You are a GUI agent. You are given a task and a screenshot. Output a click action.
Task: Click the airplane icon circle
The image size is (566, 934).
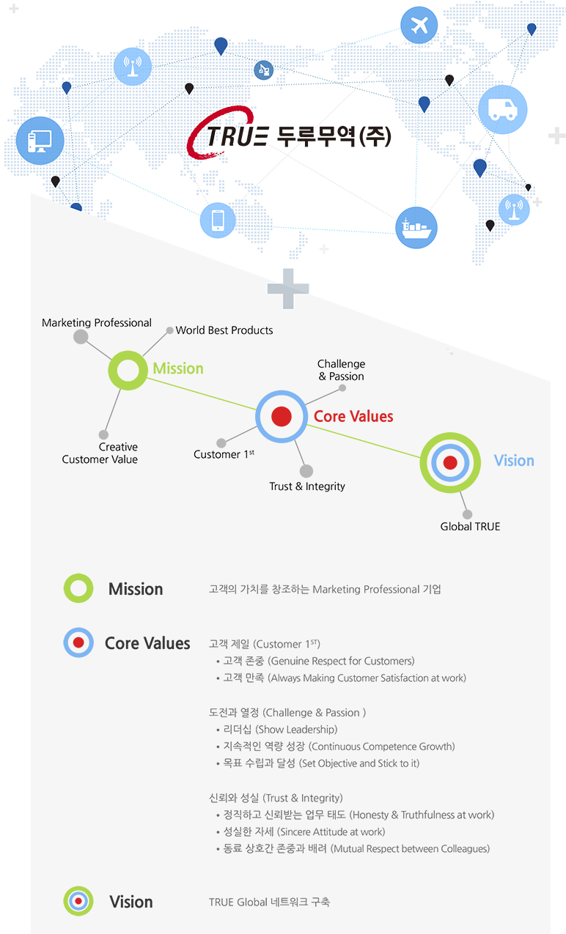[419, 25]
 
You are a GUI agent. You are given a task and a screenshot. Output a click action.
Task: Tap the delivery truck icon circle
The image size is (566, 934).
[502, 109]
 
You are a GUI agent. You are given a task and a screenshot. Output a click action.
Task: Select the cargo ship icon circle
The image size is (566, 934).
[416, 228]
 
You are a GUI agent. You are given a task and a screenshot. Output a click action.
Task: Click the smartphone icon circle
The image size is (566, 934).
[218, 220]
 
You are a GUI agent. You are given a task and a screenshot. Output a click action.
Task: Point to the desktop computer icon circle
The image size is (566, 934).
[40, 141]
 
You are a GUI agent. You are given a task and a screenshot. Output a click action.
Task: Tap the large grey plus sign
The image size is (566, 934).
[288, 289]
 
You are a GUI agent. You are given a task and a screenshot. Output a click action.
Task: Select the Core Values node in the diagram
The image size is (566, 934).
[282, 416]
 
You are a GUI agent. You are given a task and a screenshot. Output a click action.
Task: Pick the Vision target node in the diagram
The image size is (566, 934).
[450, 462]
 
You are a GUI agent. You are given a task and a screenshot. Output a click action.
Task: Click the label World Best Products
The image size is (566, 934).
[224, 330]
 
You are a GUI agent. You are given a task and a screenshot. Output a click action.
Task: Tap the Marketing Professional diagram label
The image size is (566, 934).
[97, 323]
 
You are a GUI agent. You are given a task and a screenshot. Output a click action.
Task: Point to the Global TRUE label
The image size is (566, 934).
[470, 527]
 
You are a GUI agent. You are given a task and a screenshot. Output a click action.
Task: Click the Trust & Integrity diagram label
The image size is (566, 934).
[307, 486]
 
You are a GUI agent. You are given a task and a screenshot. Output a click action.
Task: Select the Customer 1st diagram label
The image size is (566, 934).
[224, 453]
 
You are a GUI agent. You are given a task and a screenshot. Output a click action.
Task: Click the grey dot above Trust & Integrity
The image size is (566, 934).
[306, 471]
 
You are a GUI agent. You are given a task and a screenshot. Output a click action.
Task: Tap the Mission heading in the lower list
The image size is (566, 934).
[136, 589]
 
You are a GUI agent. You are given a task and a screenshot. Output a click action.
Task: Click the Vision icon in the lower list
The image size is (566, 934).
[78, 901]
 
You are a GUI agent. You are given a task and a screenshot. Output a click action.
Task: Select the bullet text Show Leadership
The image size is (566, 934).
[296, 730]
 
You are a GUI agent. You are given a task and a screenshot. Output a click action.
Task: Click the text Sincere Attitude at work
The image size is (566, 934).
[331, 832]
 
